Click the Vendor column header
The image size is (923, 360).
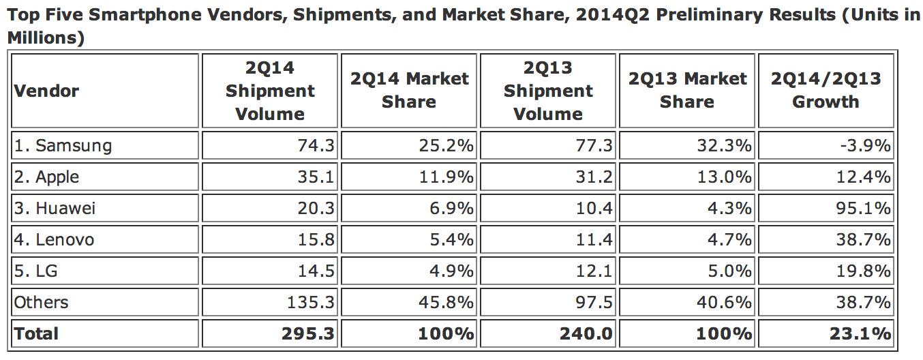tap(46, 91)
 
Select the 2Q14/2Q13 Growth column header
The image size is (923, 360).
tap(826, 91)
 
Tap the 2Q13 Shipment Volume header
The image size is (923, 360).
tap(548, 91)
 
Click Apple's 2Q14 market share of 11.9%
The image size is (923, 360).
tap(446, 177)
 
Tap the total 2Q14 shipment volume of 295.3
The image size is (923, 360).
tap(307, 333)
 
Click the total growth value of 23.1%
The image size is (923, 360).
tap(862, 333)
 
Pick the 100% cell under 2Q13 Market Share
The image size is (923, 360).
tap(722, 333)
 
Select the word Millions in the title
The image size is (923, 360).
tap(41, 38)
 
